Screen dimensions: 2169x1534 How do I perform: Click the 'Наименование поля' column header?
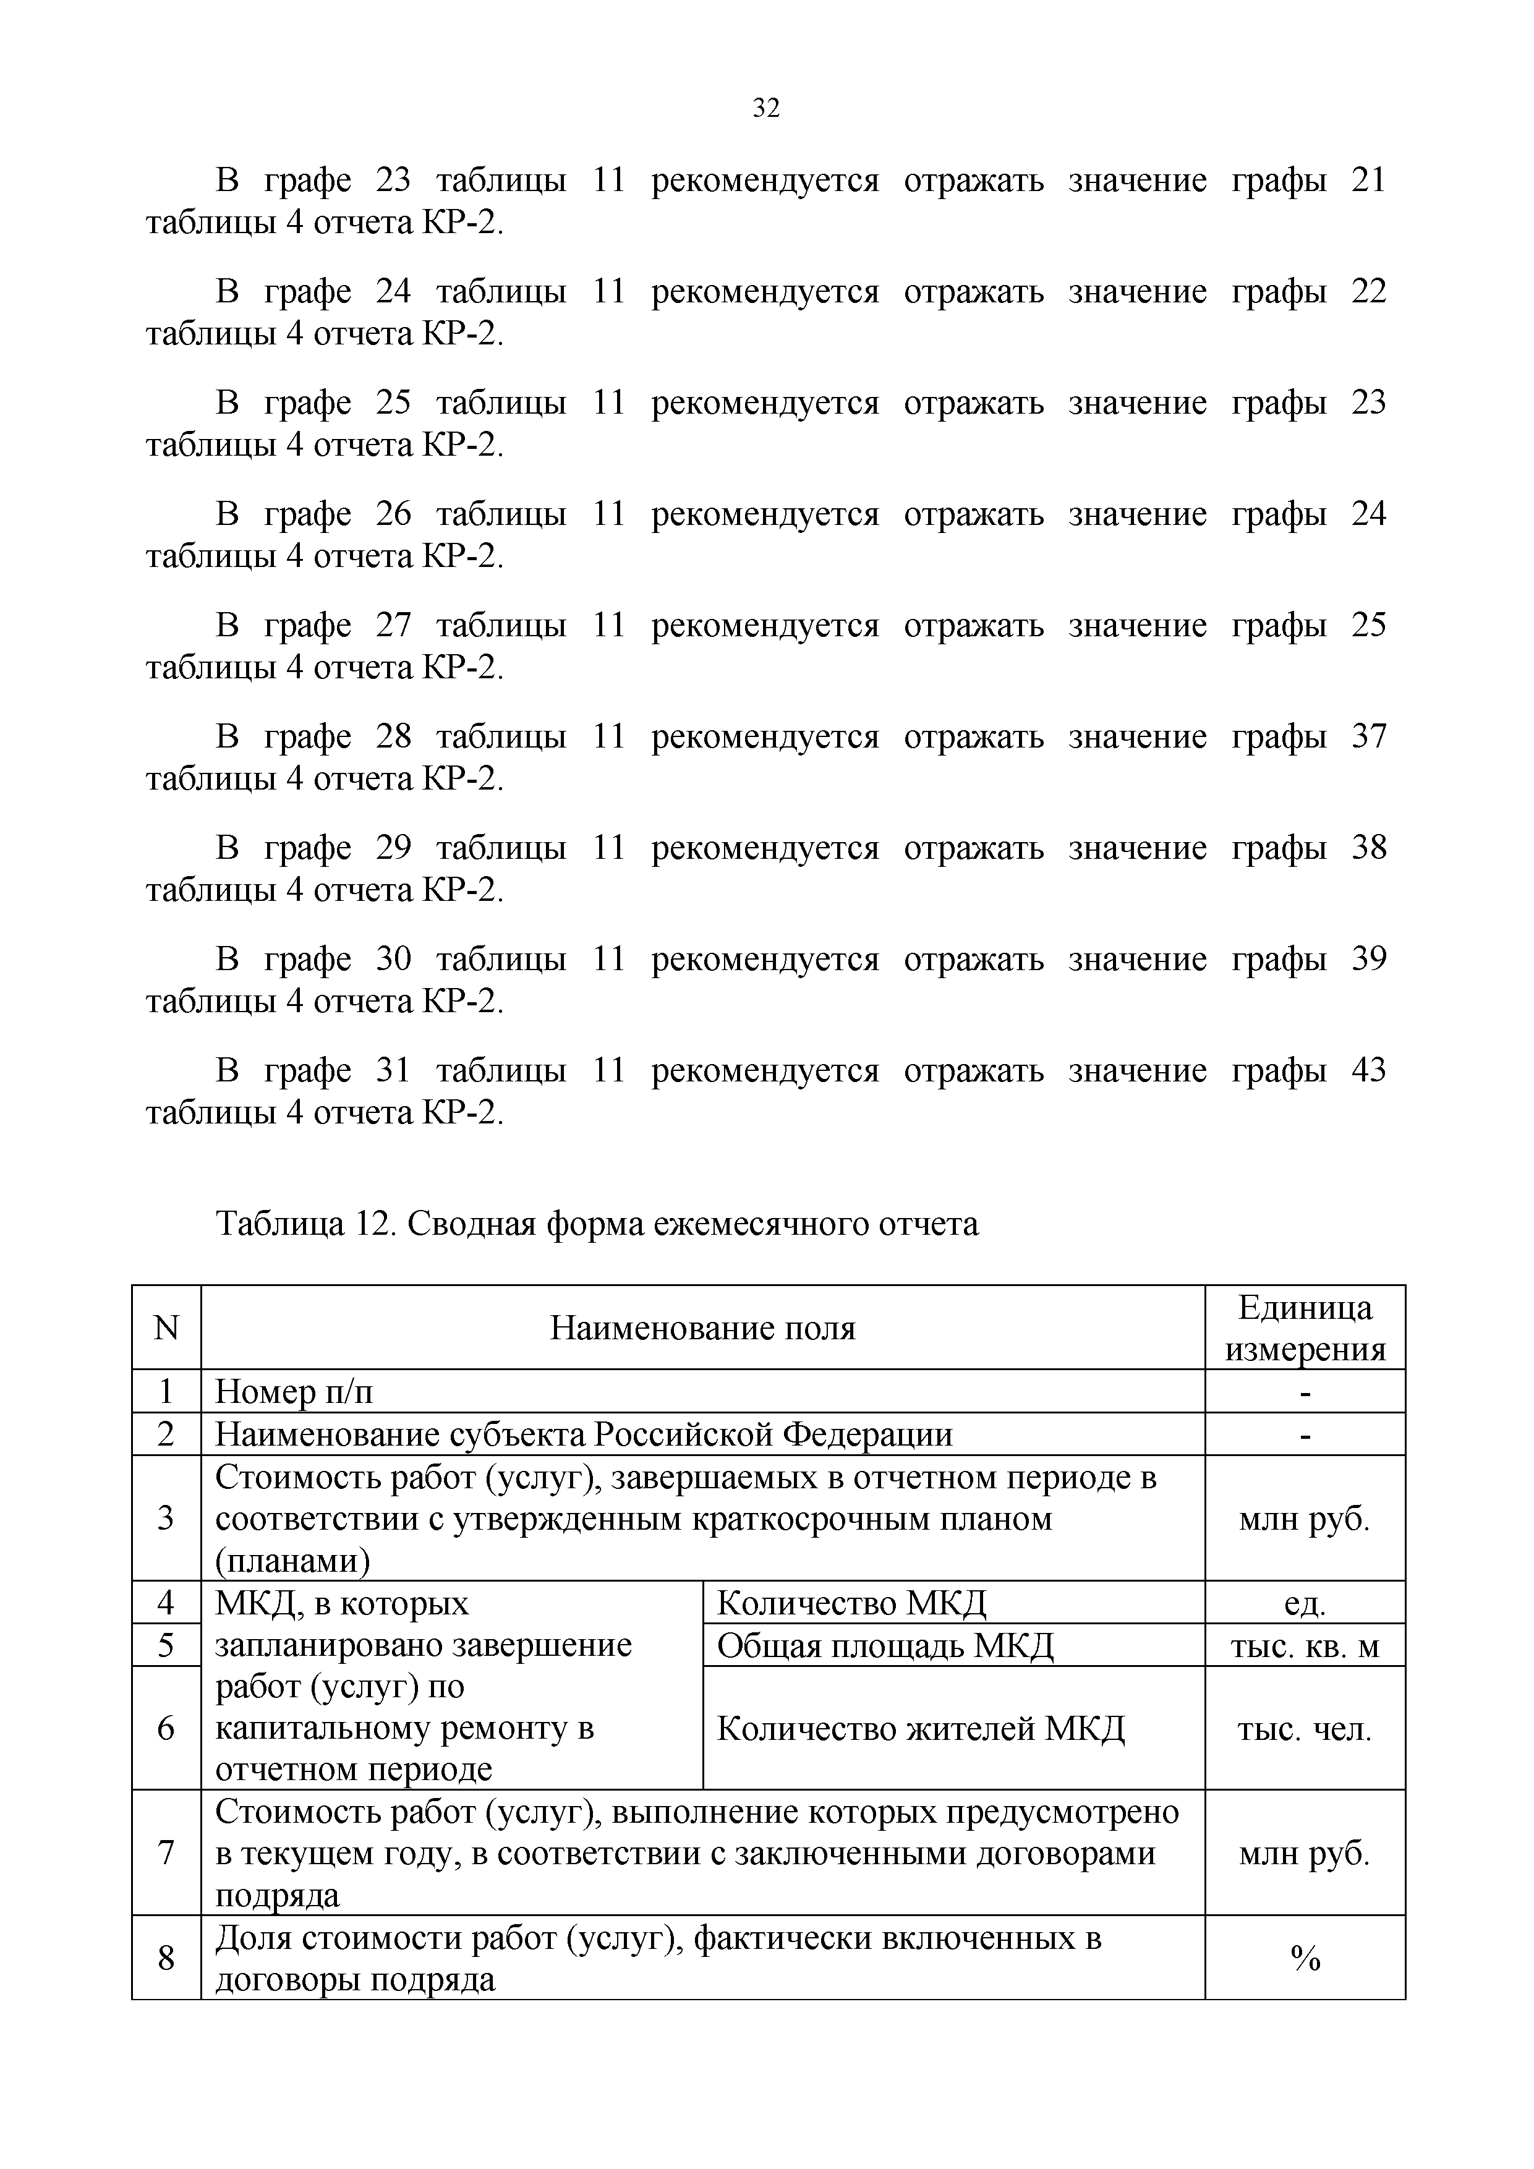coord(703,1328)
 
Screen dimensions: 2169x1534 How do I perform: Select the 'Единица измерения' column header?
coord(1305,1328)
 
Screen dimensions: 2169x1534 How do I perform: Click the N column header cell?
coord(166,1328)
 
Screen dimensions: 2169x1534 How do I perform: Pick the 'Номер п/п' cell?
coord(295,1392)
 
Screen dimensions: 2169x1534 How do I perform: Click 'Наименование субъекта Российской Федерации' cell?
coord(584,1434)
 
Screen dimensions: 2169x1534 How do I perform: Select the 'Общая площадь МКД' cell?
coord(885,1646)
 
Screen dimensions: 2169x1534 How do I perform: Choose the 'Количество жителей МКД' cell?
coord(921,1729)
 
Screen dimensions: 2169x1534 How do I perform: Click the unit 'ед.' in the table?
coord(1305,1603)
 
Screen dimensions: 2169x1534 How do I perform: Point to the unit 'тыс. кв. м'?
coord(1305,1647)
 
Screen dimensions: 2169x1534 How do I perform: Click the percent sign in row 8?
coord(1305,1959)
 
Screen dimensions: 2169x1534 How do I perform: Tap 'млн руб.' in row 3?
coord(1305,1519)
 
